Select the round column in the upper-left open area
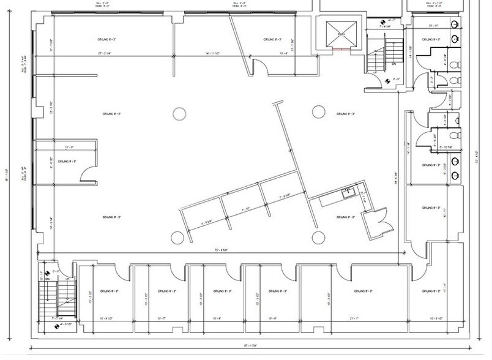click(x=179, y=113)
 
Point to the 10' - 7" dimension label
click(x=162, y=318)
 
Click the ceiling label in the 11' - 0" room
click(x=66, y=162)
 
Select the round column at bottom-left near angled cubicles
click(x=177, y=237)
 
